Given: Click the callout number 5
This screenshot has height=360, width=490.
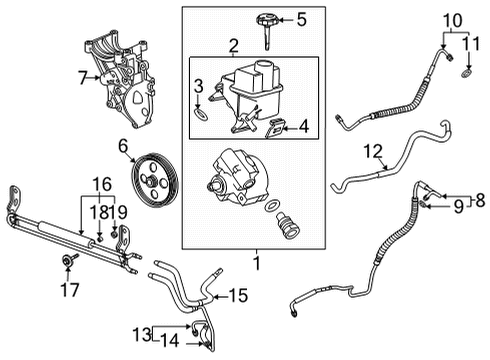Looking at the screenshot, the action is tap(301, 19).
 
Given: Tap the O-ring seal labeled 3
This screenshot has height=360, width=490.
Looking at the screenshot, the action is tap(201, 113).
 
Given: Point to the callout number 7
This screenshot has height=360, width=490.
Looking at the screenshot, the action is tap(83, 78).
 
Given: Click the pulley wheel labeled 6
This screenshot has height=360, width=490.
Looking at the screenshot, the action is tap(154, 180).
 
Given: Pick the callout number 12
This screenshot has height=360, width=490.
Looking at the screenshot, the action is tap(373, 152).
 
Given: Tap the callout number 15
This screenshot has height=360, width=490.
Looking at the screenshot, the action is tap(238, 296).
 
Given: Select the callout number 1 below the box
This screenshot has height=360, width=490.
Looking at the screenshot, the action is tap(257, 263).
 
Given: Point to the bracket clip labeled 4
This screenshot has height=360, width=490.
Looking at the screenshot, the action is tap(276, 128).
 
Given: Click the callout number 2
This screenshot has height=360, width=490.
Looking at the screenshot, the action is tap(233, 46).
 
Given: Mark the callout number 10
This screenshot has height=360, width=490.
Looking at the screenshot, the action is tap(452, 21).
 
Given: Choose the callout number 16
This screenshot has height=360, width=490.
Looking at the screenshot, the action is tap(102, 184).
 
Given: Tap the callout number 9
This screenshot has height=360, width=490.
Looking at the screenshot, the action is tap(459, 207).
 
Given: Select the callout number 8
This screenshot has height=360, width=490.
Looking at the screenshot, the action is tap(480, 200).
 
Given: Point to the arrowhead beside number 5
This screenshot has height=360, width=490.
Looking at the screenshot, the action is tap(281, 20).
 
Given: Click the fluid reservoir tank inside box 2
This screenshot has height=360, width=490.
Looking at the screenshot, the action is tap(248, 97).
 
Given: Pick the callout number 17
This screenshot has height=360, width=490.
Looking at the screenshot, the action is tap(70, 290).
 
